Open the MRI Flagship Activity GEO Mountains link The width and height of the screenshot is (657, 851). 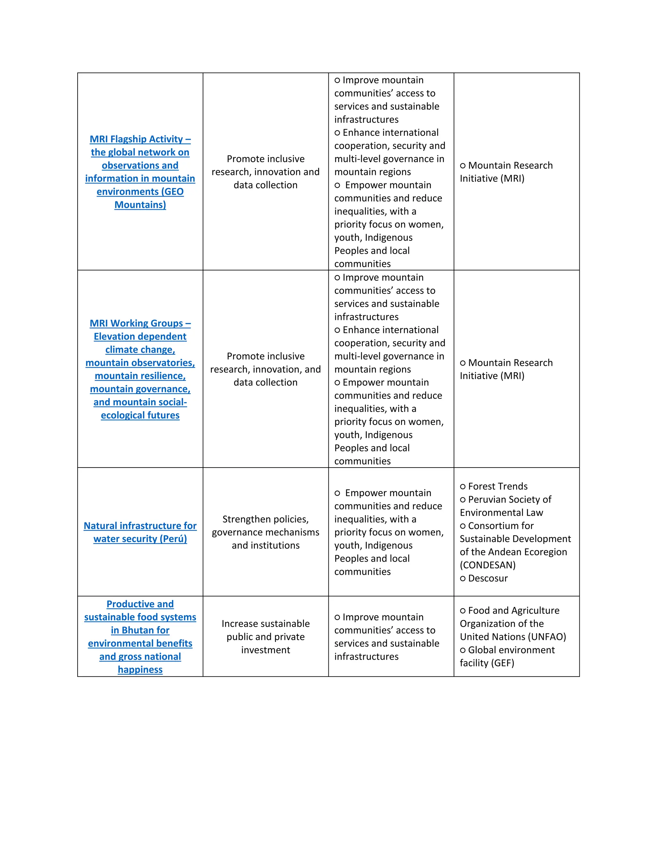[140, 172]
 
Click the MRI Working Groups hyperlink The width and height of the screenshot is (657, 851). [140, 323]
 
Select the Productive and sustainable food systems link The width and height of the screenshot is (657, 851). [140, 604]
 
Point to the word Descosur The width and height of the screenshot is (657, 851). [488, 578]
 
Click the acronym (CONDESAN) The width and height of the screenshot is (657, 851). [487, 565]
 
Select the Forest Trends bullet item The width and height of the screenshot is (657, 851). [498, 486]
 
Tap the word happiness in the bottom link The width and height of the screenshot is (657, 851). [140, 670]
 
